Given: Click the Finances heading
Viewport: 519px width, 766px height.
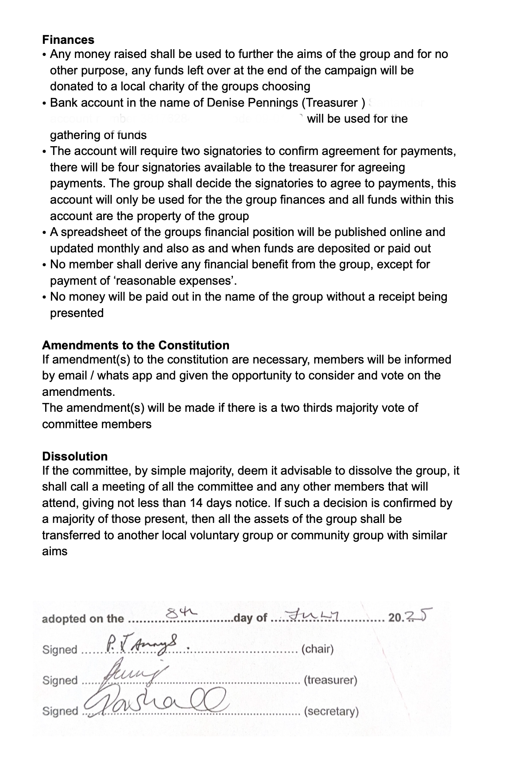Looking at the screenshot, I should pos(68,40).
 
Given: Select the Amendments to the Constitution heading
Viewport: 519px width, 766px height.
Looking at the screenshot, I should pos(136,345).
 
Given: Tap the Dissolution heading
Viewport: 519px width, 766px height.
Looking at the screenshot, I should pos(75,457).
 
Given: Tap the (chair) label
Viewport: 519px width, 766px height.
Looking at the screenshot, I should pos(317,649).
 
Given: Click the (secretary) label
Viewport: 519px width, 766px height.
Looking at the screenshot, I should pos(331,712).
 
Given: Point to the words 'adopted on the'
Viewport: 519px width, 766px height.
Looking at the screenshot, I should pos(83,619).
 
